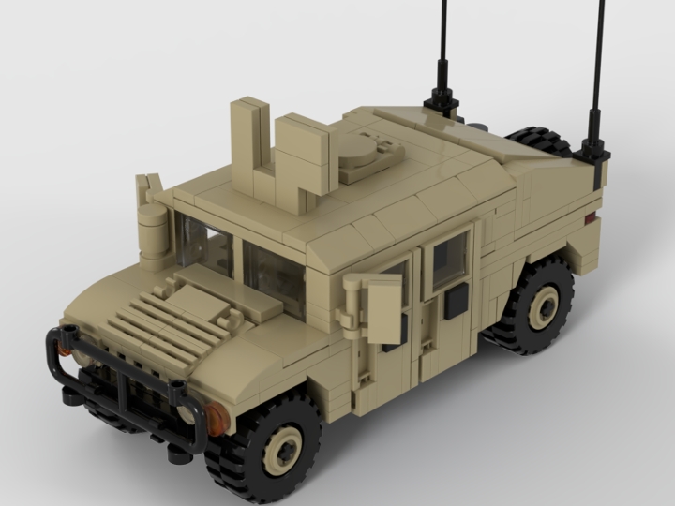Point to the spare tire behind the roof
tap(539, 142)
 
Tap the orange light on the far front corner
tap(64, 348)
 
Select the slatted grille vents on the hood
tap(169, 323)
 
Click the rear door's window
tap(449, 260)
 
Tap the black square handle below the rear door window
tap(456, 302)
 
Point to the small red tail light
tap(590, 218)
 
